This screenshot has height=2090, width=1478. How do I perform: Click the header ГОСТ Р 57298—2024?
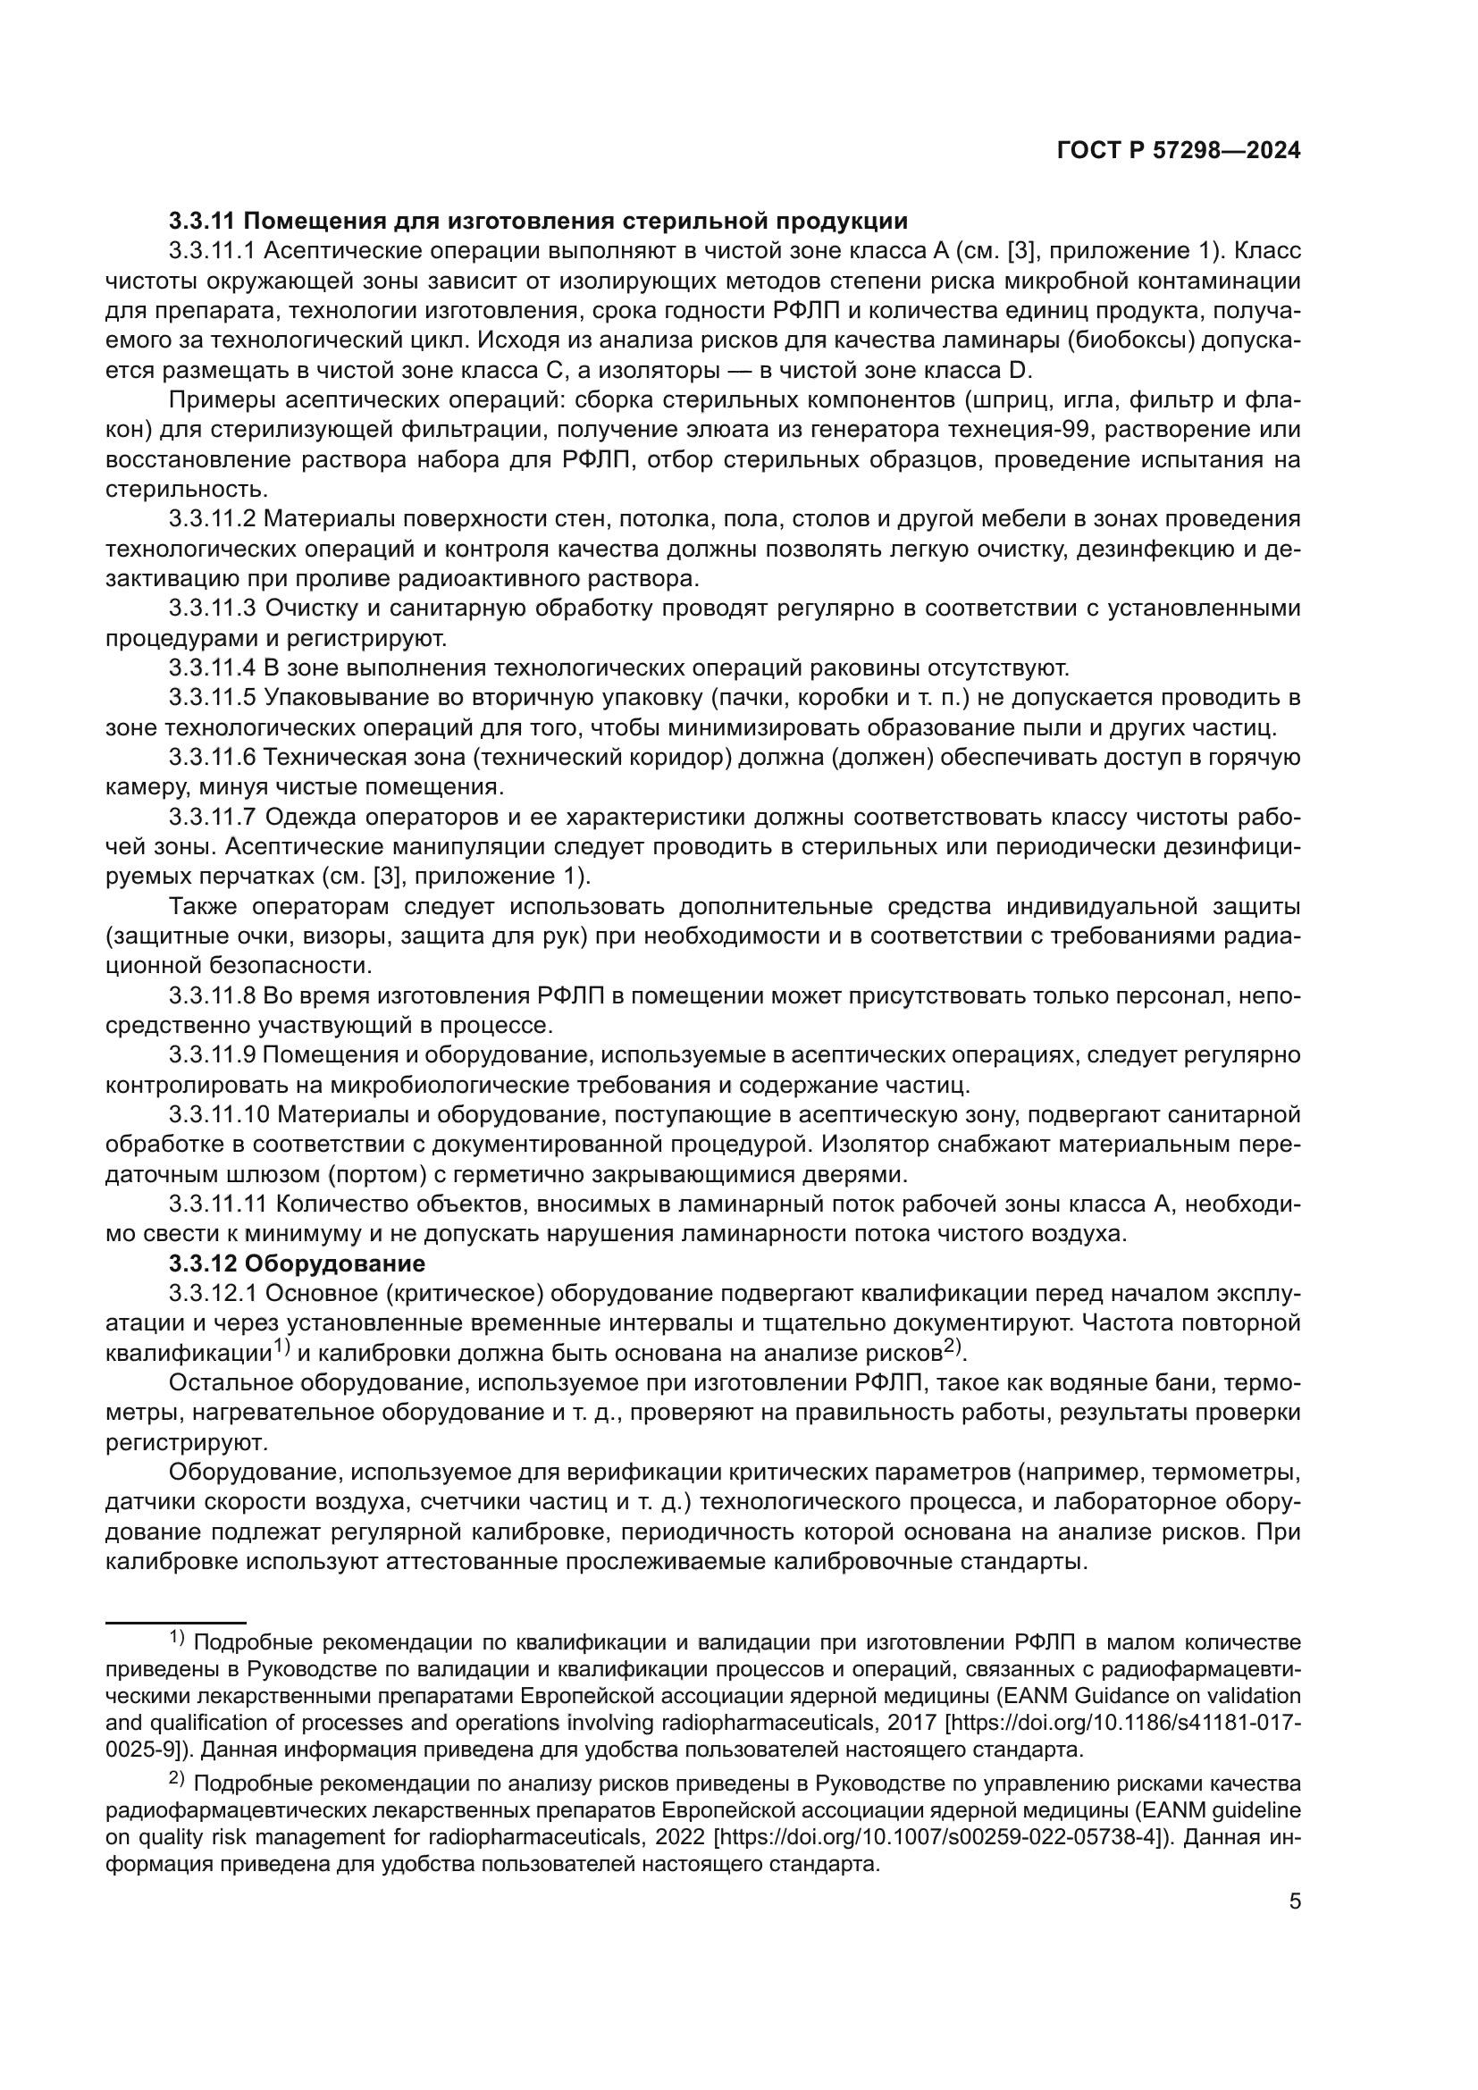click(1179, 151)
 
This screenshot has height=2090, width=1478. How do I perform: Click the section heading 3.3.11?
click(202, 222)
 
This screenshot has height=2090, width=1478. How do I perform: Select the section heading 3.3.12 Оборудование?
click(297, 1264)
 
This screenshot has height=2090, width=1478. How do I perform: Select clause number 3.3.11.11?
click(217, 1205)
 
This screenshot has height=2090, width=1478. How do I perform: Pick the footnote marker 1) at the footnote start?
click(178, 1640)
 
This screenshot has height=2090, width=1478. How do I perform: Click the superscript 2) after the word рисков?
click(952, 1347)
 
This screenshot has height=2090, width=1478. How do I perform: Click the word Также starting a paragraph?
click(205, 907)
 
